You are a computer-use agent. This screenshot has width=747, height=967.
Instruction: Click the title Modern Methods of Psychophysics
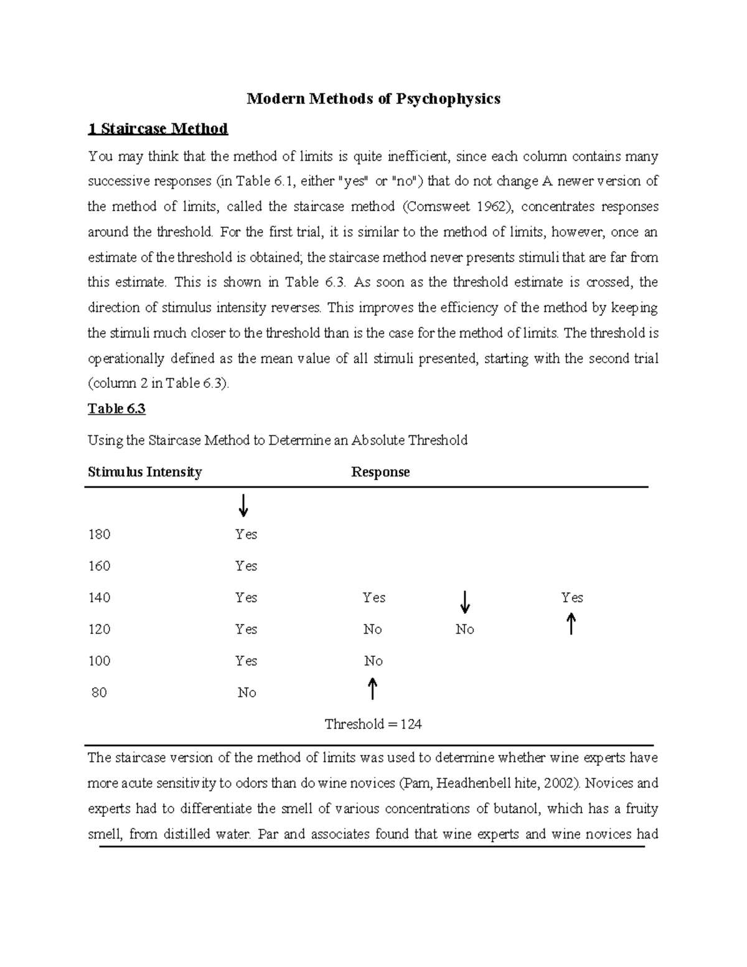(x=374, y=99)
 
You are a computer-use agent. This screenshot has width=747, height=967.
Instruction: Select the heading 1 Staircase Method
(x=157, y=129)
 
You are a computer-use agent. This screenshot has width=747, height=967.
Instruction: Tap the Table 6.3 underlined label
(x=116, y=408)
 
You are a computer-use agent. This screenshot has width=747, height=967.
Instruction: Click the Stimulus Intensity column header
(x=144, y=472)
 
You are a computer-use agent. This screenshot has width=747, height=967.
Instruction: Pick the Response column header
(x=380, y=472)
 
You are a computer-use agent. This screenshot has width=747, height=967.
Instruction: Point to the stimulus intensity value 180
(x=99, y=534)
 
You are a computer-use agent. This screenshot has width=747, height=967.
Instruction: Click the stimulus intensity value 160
(x=99, y=566)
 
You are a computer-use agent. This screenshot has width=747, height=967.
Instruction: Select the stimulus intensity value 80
(x=99, y=692)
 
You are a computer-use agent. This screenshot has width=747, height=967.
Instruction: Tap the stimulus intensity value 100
(x=99, y=661)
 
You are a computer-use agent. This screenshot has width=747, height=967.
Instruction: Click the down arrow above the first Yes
(x=243, y=506)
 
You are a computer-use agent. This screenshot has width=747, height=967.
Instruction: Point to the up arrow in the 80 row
(x=372, y=689)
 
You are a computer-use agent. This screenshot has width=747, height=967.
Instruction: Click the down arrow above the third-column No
(x=464, y=601)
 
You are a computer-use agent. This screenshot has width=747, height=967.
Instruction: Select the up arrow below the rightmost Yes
(x=571, y=624)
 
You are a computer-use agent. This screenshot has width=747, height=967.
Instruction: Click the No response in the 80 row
(x=247, y=692)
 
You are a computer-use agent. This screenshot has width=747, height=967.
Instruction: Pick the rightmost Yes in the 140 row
(x=571, y=598)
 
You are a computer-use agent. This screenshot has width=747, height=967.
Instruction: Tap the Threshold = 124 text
(x=373, y=724)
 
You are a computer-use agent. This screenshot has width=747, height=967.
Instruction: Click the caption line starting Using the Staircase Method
(x=277, y=440)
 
